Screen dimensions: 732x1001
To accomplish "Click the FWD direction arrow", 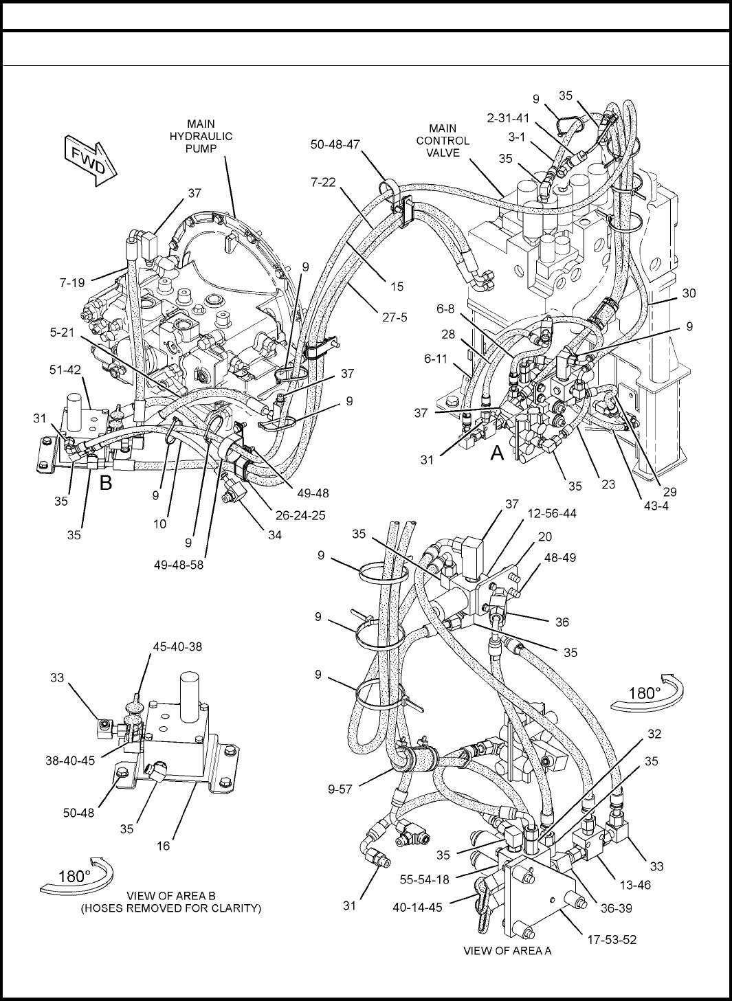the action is click(90, 160).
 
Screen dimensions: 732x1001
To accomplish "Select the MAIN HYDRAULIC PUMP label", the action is click(201, 136).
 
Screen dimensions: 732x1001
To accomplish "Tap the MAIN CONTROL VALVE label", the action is click(443, 141).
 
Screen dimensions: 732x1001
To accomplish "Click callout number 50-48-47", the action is click(335, 144).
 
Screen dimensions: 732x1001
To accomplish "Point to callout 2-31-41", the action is click(508, 118).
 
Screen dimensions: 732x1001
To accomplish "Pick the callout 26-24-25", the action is click(300, 515).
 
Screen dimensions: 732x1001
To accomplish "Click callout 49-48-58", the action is click(179, 565).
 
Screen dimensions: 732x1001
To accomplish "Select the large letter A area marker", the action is click(498, 453).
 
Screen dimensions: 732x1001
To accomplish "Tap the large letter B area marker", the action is click(106, 482).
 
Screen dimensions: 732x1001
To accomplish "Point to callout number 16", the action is click(164, 846).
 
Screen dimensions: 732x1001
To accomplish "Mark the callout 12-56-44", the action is click(552, 513).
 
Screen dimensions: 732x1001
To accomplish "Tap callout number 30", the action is click(689, 293).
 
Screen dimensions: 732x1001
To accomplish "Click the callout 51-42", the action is click(65, 370).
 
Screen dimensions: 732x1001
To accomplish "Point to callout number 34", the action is click(274, 535).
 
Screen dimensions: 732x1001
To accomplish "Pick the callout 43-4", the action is click(656, 506).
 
